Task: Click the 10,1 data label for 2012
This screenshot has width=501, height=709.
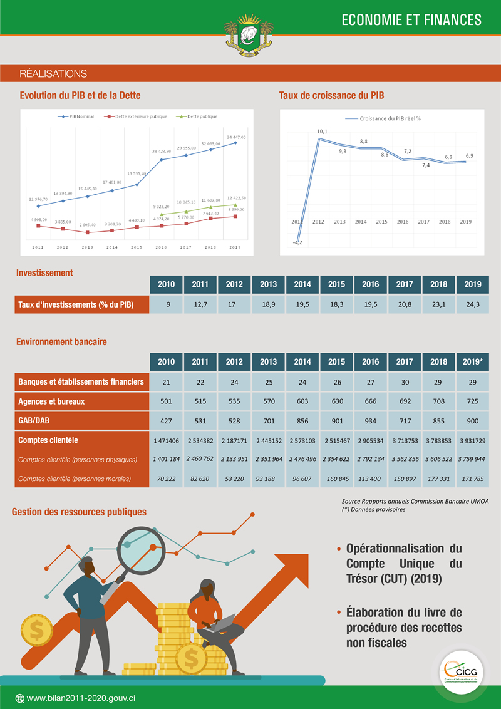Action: coord(322,132)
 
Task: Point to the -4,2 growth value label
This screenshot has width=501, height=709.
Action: coord(297,242)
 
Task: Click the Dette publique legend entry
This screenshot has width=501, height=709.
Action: coord(198,116)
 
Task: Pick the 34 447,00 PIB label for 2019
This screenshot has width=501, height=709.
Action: coord(235,137)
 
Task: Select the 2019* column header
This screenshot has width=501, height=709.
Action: coord(473,361)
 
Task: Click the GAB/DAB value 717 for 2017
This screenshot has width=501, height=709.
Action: coord(405,420)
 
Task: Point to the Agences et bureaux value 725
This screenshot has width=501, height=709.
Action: coord(473,401)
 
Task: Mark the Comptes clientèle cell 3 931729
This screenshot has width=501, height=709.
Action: coord(473,441)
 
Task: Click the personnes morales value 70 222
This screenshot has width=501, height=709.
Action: coord(167,479)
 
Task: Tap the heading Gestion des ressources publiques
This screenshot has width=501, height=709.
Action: coord(79,512)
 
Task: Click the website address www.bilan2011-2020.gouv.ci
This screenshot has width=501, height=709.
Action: coord(81,698)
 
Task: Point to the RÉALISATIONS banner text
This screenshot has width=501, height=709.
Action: coord(53,74)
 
